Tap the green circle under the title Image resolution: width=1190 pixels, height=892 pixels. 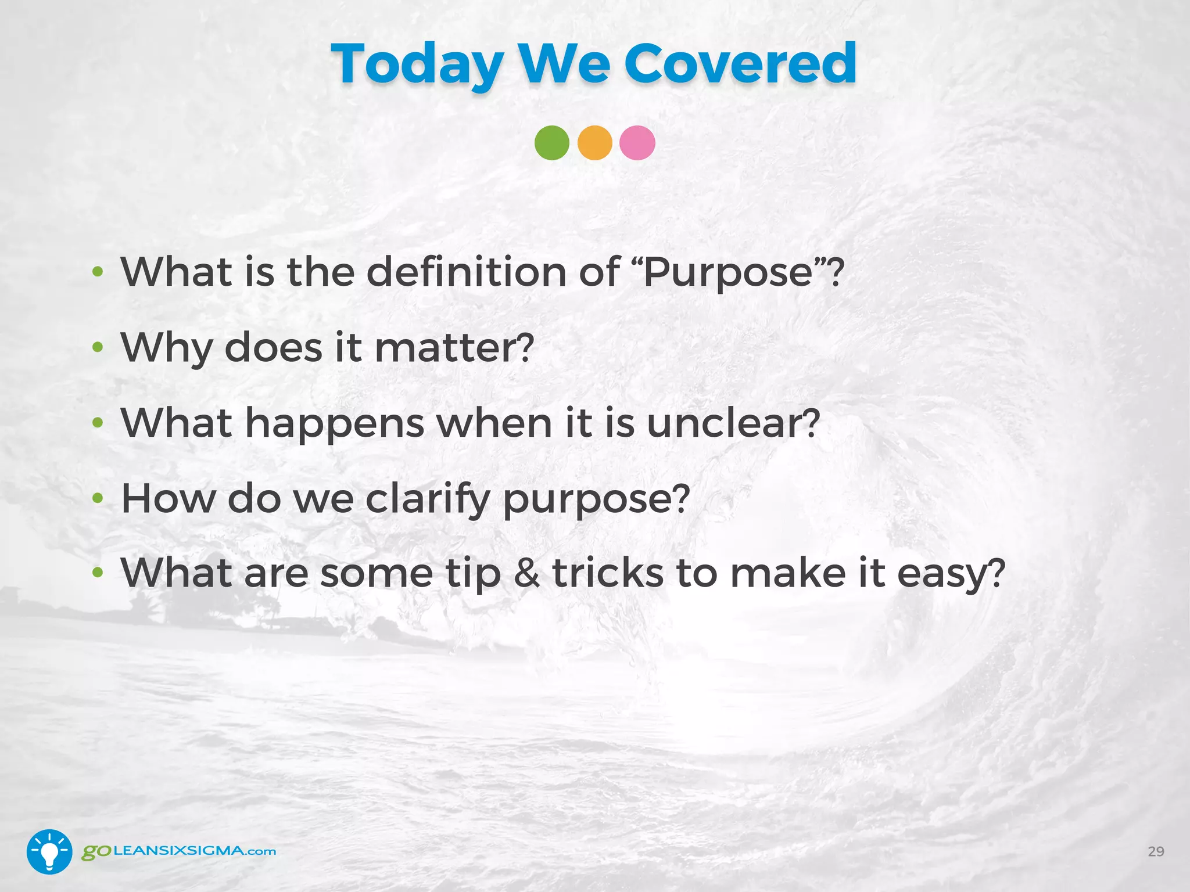point(551,143)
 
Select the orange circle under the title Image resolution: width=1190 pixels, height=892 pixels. point(594,143)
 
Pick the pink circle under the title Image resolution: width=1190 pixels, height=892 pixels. point(637,143)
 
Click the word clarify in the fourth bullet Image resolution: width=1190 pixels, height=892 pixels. point(428,499)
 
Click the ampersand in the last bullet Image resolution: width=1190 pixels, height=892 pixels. point(526,574)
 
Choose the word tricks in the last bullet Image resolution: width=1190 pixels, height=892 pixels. point(608,573)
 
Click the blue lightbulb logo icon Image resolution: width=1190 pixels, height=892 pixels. point(49,851)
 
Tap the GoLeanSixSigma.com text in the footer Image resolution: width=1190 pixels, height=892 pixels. point(178,851)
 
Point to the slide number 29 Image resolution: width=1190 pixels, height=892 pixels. point(1156,851)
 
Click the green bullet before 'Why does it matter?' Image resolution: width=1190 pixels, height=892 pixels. point(98,348)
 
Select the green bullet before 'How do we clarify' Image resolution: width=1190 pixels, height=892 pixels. point(98,498)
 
